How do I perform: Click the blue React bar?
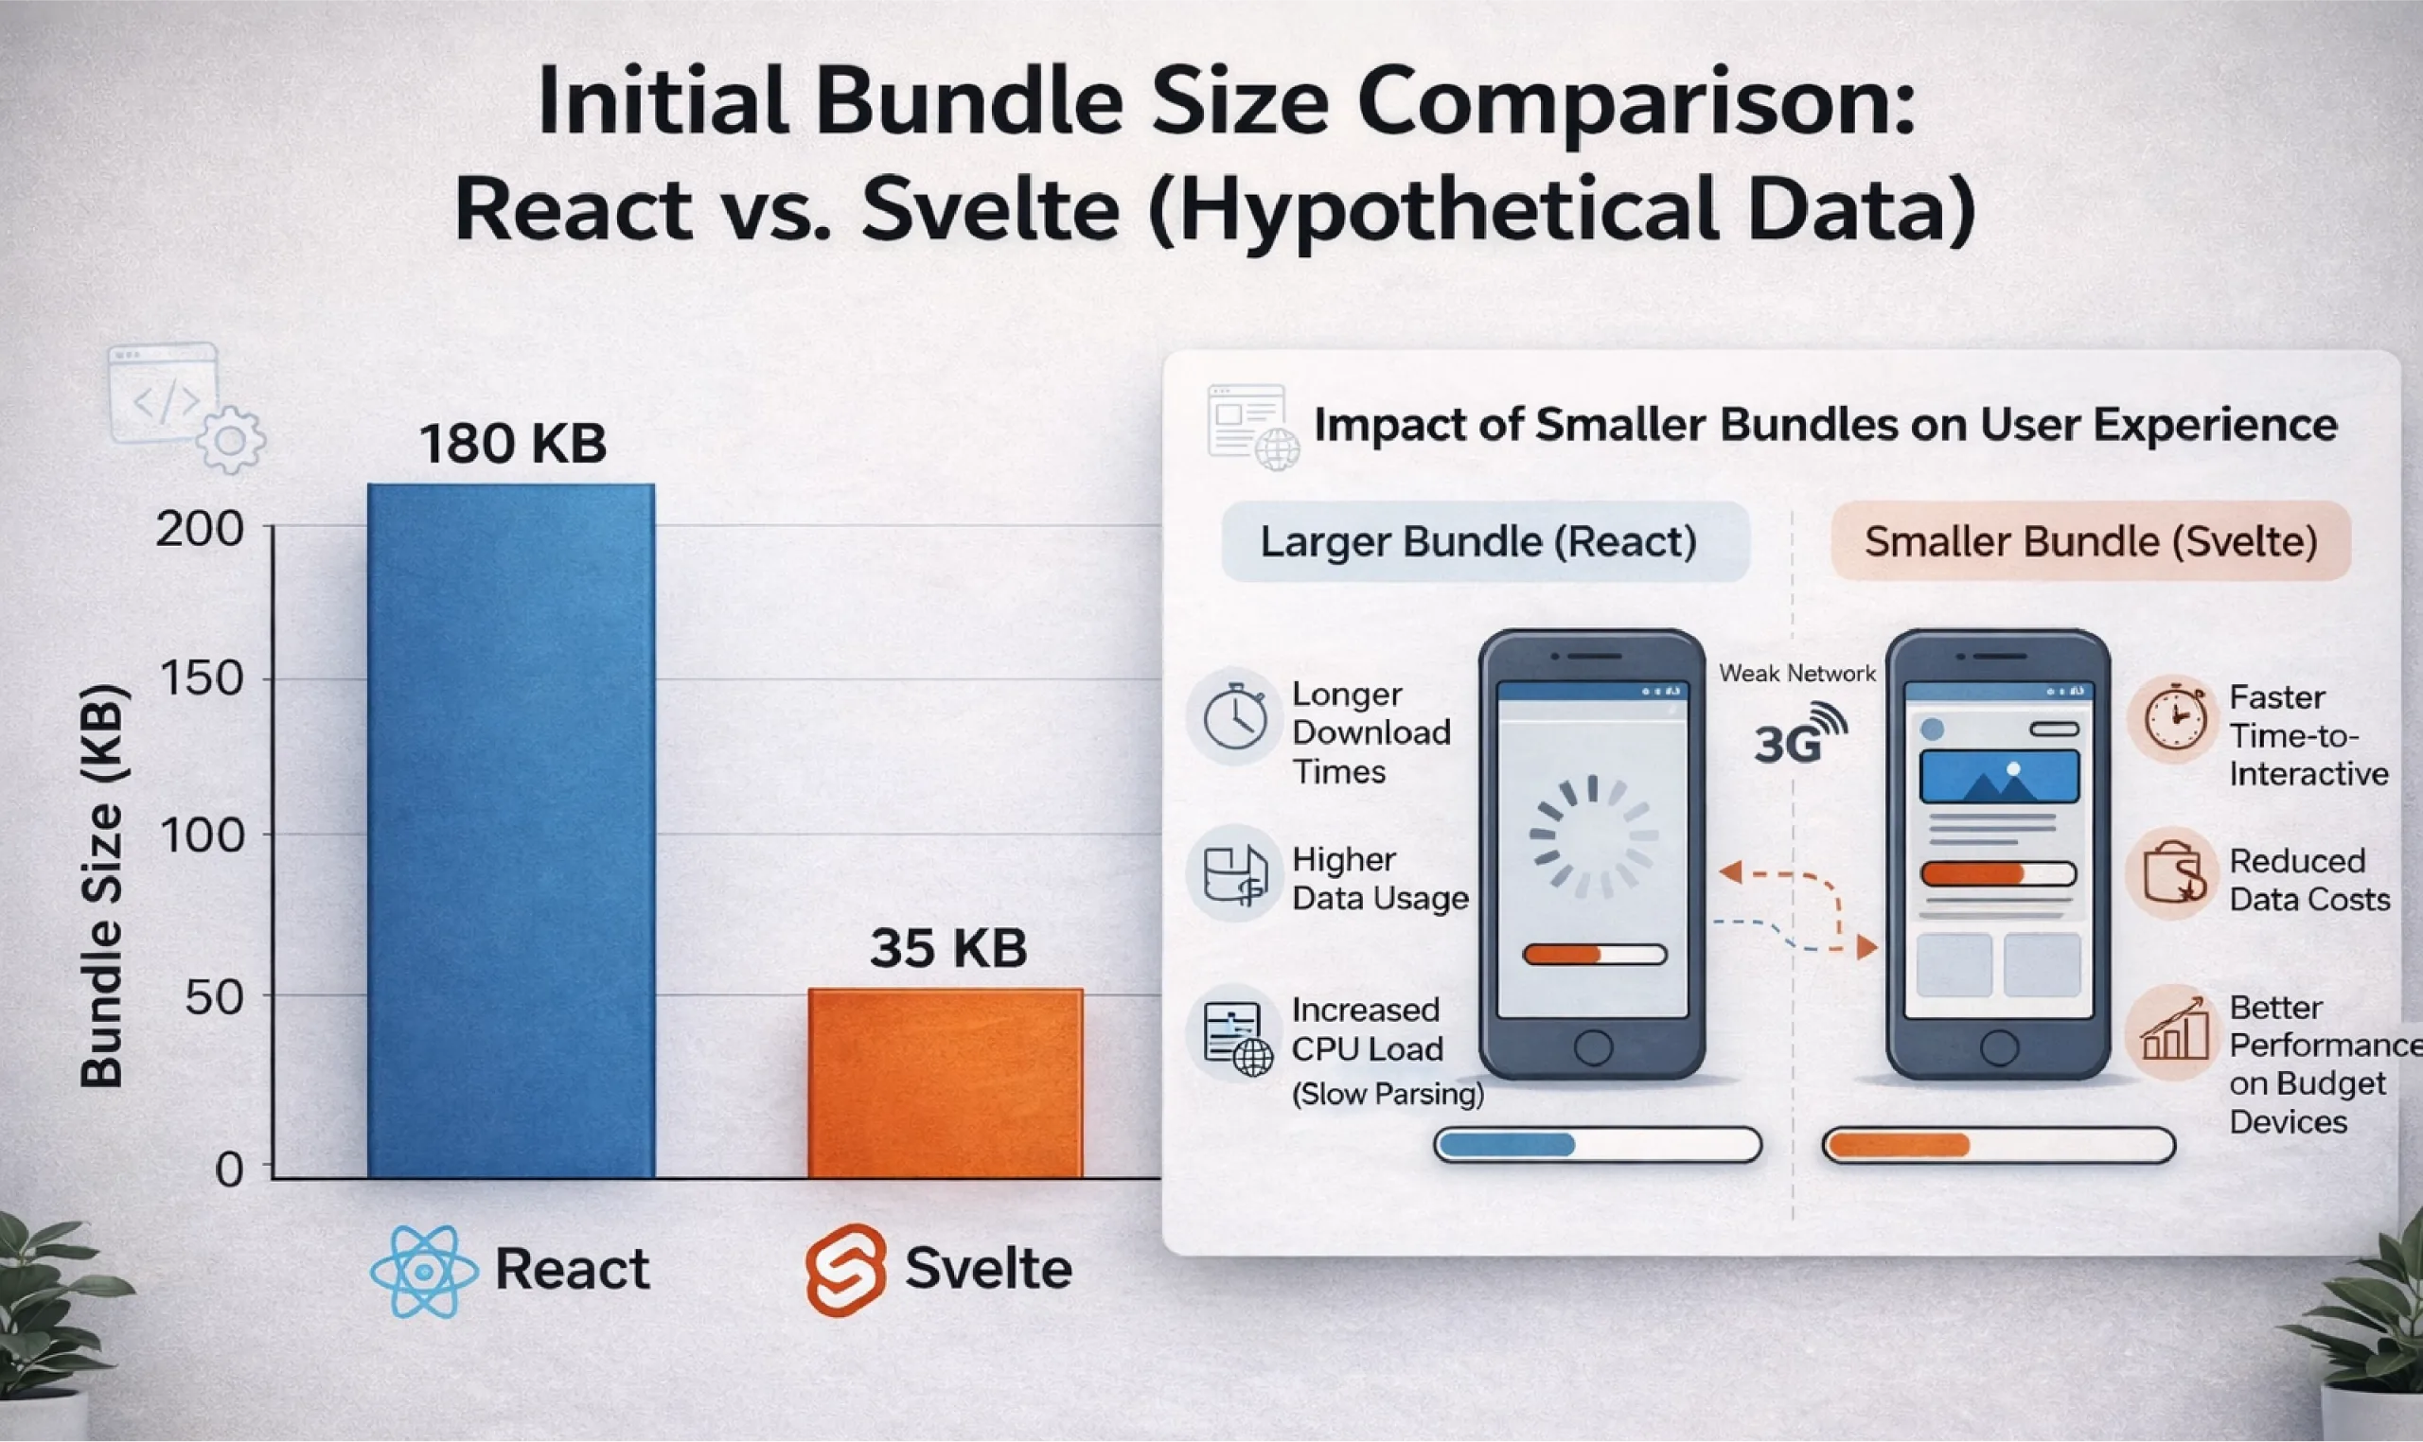pos(511,831)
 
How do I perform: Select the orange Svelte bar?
pos(945,1082)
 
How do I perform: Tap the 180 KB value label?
pos(513,443)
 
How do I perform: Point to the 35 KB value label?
pos(948,947)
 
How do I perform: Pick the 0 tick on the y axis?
pos(229,1169)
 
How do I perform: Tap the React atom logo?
pos(425,1271)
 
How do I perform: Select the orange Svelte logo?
pos(845,1269)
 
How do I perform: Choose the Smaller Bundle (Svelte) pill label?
pos(2090,541)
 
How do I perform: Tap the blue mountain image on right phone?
pos(1999,776)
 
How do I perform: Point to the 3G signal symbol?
pos(1800,736)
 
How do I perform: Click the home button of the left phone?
pos(1593,1046)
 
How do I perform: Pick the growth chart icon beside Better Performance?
pos(2173,1033)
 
